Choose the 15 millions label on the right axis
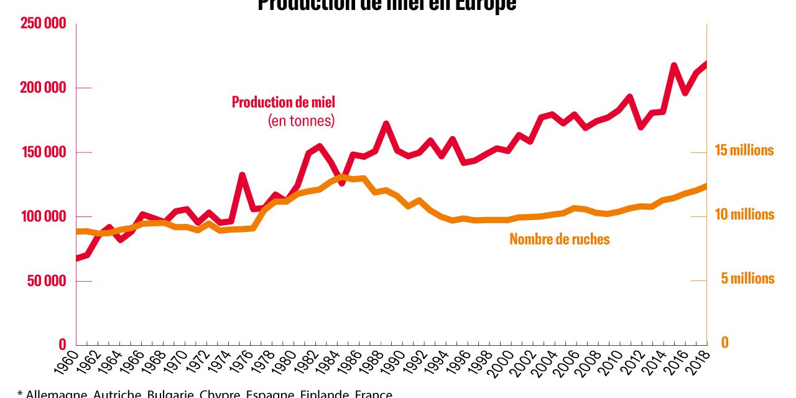[x=744, y=150]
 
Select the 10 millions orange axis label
[x=744, y=215]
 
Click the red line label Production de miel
[x=283, y=102]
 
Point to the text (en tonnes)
[x=302, y=120]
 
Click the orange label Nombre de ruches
[x=560, y=239]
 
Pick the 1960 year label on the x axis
[x=70, y=363]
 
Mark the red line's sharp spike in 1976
[x=242, y=175]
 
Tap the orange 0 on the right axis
[x=724, y=343]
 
